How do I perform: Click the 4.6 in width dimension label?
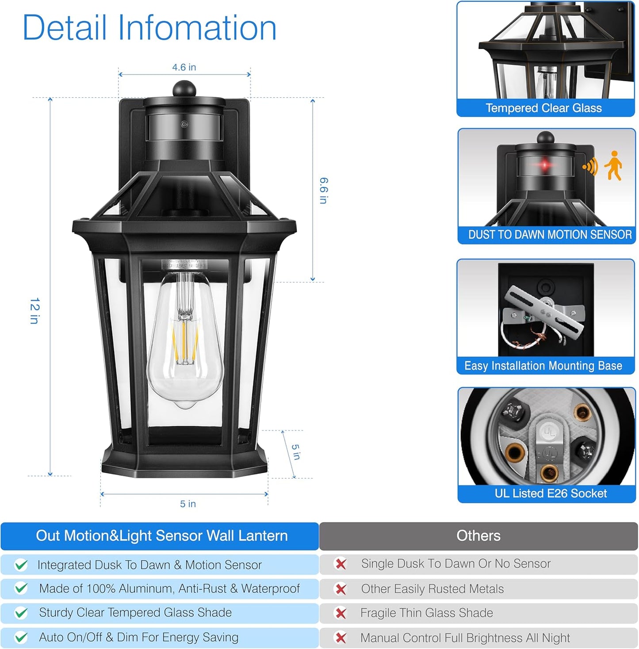pos(184,67)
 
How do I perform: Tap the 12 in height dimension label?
pos(34,310)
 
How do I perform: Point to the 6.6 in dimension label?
pos(324,191)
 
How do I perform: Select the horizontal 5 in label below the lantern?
pos(187,504)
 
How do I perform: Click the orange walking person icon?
pos(614,165)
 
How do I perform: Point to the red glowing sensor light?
pos(545,165)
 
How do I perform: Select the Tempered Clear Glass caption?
pos(543,108)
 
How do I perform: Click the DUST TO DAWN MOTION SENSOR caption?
pos(550,234)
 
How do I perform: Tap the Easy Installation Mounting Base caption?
pos(543,366)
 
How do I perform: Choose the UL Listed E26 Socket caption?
pos(551,493)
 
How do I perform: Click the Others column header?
pos(478,536)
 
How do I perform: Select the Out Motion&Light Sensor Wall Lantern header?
pos(161,536)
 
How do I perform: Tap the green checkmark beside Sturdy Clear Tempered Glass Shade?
pos(21,613)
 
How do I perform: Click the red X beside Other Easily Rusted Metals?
pos(341,589)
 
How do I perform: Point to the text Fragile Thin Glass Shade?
pos(426,613)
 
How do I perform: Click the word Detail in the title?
pos(65,28)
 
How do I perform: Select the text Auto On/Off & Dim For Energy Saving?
pos(138,637)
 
